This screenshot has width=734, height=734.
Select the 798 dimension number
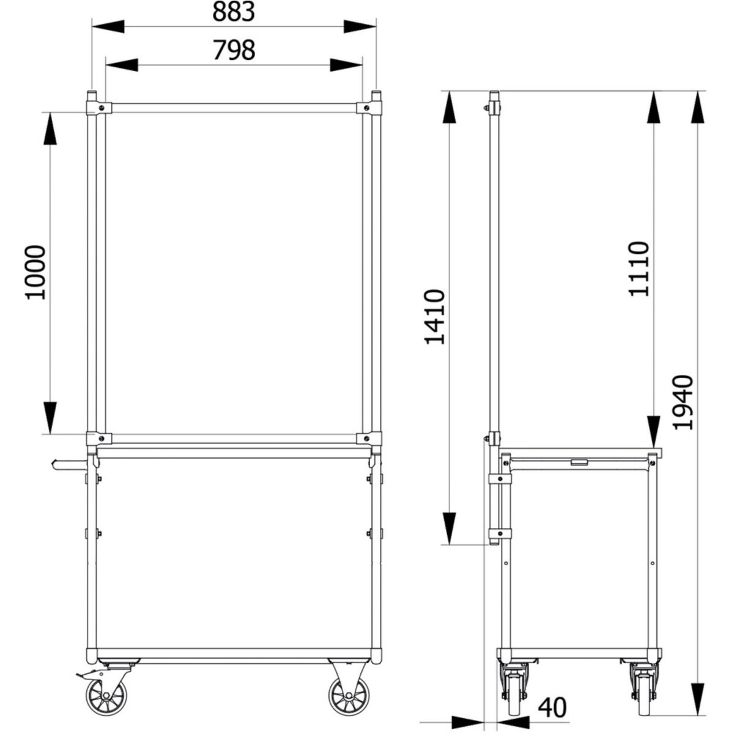[234, 50]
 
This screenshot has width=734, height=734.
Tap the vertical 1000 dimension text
[35, 272]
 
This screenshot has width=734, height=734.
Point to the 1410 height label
[435, 317]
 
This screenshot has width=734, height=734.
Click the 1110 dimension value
[638, 269]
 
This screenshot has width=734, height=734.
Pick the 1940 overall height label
[683, 402]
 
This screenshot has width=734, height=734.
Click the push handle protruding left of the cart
[69, 465]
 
